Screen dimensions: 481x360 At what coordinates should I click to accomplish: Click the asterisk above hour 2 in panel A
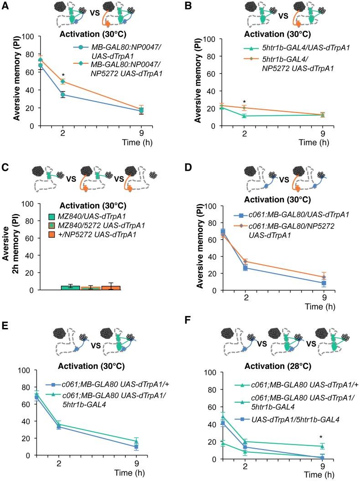[63, 74]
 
